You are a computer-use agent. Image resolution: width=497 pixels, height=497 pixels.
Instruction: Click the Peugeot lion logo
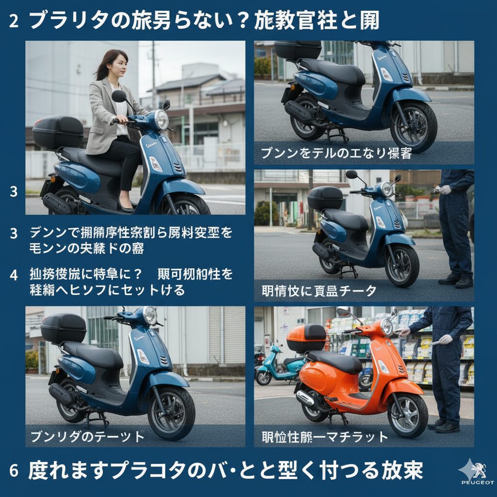(x=476, y=468)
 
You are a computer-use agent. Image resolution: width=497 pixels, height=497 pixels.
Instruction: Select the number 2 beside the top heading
(x=14, y=22)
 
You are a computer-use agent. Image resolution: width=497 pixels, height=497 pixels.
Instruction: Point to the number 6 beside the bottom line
(x=14, y=471)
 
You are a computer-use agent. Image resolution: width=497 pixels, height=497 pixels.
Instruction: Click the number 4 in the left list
(x=14, y=275)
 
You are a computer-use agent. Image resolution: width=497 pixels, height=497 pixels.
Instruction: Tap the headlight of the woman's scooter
(x=161, y=119)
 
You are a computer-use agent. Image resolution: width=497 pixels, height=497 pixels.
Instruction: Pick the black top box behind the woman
(x=58, y=132)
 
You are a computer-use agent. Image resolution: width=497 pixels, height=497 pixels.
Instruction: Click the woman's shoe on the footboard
(x=127, y=208)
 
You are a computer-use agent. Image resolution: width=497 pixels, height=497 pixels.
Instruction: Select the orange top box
(x=306, y=338)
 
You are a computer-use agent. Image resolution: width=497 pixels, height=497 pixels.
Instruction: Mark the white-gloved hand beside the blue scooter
(x=445, y=189)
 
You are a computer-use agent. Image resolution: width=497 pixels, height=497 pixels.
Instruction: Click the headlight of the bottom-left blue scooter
(x=150, y=315)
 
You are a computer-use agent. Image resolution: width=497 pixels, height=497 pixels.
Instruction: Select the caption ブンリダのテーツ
(x=87, y=436)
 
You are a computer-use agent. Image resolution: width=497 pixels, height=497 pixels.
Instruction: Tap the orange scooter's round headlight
(x=386, y=327)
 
